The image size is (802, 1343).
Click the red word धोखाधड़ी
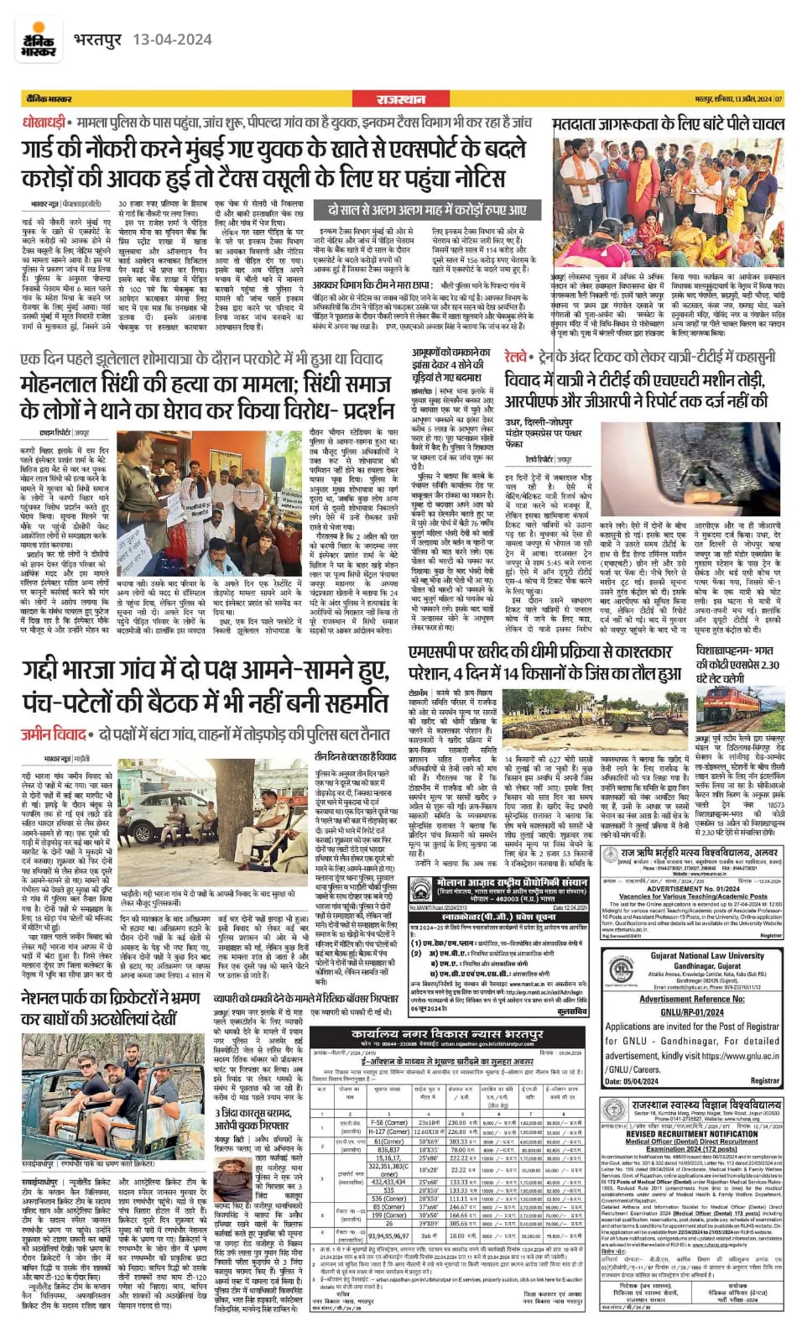(x=43, y=123)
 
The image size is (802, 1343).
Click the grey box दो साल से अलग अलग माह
(x=426, y=210)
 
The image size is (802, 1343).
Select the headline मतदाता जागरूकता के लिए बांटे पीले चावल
(x=668, y=124)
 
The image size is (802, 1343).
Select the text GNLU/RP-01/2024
(x=692, y=1012)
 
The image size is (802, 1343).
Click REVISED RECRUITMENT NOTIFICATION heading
(x=692, y=1133)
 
